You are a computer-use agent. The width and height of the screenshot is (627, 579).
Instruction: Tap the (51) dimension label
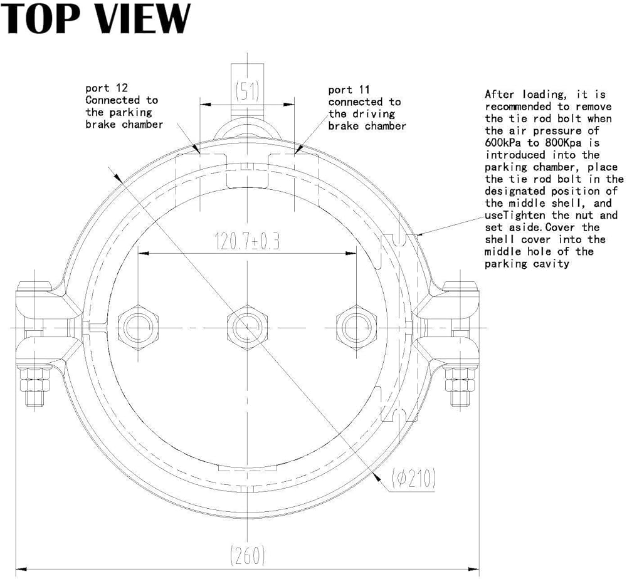[x=246, y=91]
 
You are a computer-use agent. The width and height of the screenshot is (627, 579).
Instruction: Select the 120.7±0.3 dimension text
[x=246, y=241]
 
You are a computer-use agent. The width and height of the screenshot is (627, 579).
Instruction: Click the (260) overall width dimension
[x=247, y=555]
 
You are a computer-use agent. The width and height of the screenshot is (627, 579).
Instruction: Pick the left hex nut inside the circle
[x=137, y=326]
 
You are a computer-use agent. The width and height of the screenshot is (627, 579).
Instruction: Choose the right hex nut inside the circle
[x=356, y=326]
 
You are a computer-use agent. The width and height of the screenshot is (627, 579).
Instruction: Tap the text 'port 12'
[x=106, y=88]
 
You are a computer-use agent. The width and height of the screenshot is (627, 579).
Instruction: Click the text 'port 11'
[x=349, y=90]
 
